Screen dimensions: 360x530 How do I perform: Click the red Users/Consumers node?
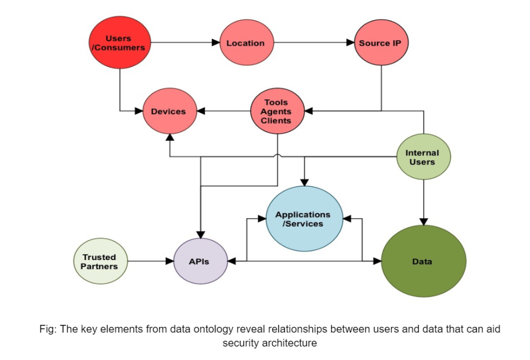pyautogui.click(x=120, y=43)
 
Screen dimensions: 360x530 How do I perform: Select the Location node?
pyautogui.click(x=245, y=43)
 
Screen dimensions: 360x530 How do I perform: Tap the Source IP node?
pyautogui.click(x=381, y=43)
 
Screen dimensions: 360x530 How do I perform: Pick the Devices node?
pyautogui.click(x=168, y=111)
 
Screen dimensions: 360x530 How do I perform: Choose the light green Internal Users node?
pyautogui.click(x=423, y=157)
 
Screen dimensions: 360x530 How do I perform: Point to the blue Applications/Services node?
pyautogui.click(x=304, y=219)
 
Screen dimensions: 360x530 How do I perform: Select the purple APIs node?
pyautogui.click(x=199, y=262)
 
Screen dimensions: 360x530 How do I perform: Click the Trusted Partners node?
pyautogui.click(x=100, y=261)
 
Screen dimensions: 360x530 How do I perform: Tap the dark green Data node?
pyautogui.click(x=423, y=262)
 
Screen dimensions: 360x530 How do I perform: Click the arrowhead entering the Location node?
pyautogui.click(x=215, y=43)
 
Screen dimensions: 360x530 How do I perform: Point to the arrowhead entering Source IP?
pyautogui.click(x=350, y=43)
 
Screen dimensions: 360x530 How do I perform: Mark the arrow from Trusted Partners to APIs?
pyautogui.click(x=150, y=262)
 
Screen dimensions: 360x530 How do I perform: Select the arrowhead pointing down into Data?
pyautogui.click(x=423, y=221)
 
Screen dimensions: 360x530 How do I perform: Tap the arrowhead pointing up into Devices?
pyautogui.click(x=169, y=137)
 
